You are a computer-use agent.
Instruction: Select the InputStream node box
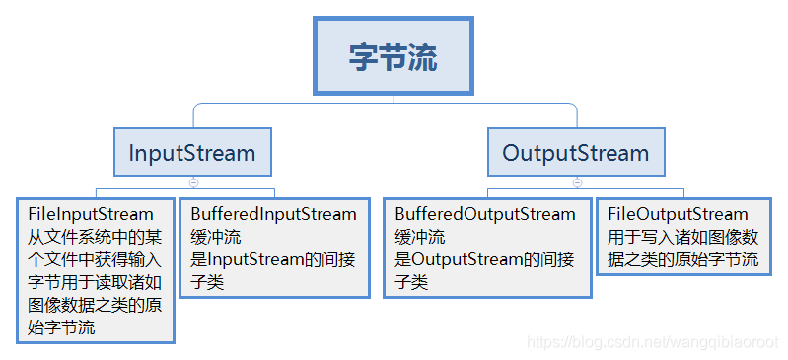click(x=192, y=153)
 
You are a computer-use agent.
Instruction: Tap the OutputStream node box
click(x=576, y=153)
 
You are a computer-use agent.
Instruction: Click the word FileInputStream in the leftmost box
click(x=90, y=214)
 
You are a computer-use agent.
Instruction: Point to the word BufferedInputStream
click(x=273, y=214)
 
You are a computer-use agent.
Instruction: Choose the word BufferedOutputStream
click(x=484, y=214)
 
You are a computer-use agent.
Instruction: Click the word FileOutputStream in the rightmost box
click(x=678, y=214)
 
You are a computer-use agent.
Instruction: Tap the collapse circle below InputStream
click(x=193, y=182)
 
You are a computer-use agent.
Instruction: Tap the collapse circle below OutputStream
click(x=577, y=182)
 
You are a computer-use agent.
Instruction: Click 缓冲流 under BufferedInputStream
click(x=215, y=237)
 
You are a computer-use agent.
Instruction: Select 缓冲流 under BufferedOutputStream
click(x=419, y=237)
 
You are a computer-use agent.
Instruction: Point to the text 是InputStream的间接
click(x=272, y=259)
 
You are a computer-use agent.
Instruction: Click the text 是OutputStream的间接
click(x=484, y=259)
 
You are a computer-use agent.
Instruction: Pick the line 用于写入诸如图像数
click(x=682, y=237)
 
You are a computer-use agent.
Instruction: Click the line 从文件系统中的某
click(x=94, y=237)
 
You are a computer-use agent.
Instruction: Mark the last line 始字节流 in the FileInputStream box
click(x=61, y=327)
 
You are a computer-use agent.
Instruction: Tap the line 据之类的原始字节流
click(x=682, y=259)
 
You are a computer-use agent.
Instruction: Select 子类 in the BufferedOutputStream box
click(x=411, y=282)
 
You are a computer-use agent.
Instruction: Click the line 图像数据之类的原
click(x=94, y=305)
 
